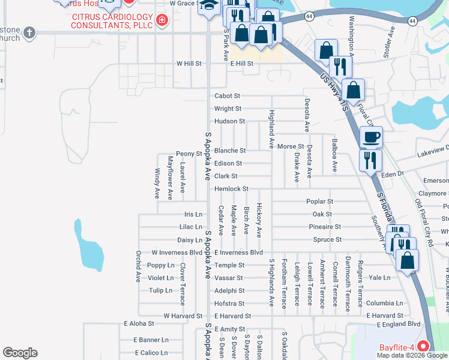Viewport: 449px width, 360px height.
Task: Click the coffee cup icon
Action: coord(371,137)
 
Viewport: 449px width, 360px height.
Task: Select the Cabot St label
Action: coord(228,96)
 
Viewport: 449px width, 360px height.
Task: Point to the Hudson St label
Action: coord(229,121)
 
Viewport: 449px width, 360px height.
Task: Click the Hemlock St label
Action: coord(232,189)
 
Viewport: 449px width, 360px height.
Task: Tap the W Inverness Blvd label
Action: coord(177,253)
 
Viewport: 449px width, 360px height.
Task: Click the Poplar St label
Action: coord(319,202)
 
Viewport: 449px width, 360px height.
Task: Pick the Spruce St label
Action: coord(327,240)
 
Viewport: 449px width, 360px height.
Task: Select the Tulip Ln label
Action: coord(160,290)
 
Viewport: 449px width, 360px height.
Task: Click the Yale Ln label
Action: coord(379,278)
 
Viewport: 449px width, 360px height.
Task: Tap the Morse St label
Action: coord(291,147)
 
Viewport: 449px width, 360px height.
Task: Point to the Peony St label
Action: coord(188,154)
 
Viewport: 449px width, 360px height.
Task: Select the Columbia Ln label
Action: coord(384,304)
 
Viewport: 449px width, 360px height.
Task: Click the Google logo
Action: coord(20,353)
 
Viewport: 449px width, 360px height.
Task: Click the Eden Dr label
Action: coord(393,173)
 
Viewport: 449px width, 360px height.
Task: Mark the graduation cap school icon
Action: coord(209,6)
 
